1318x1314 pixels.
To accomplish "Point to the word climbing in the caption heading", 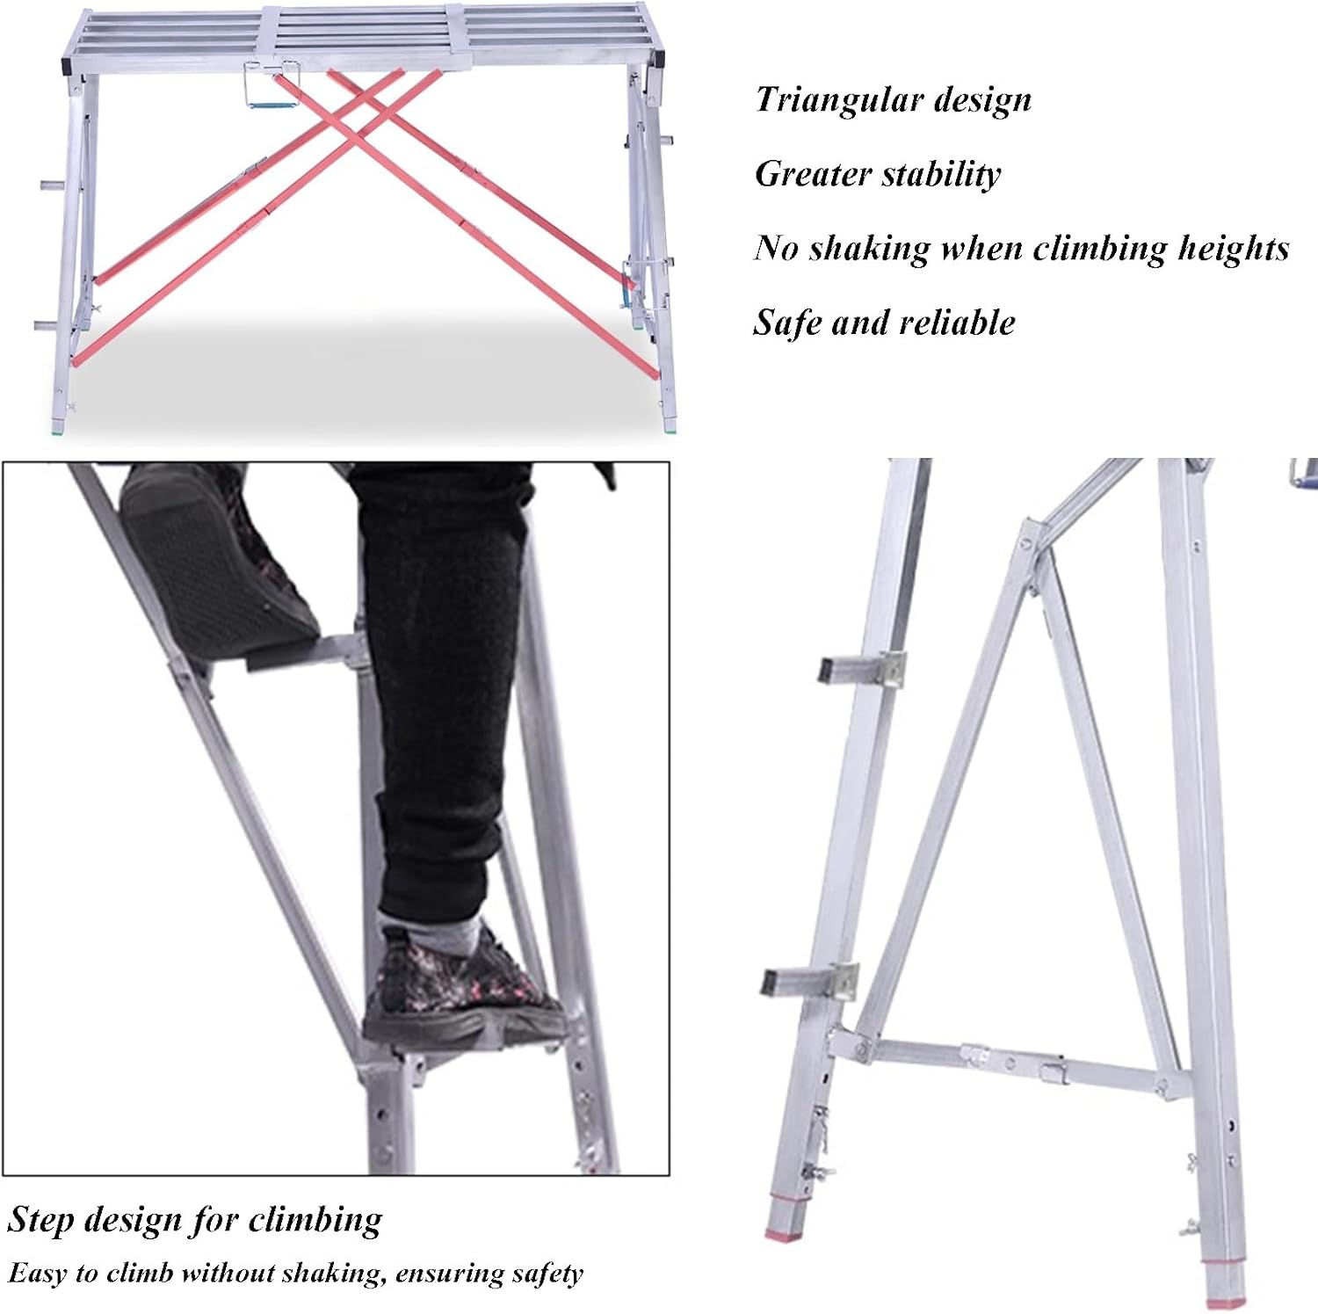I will (315, 1221).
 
